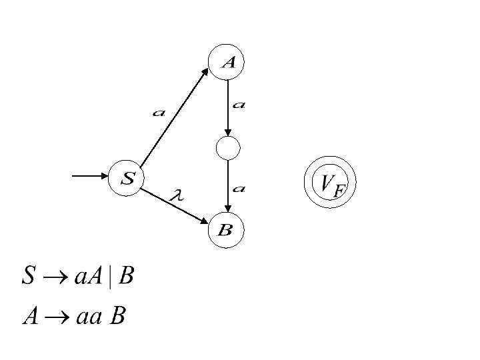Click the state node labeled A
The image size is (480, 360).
point(227,62)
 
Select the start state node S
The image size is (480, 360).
point(127,178)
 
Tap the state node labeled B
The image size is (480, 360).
point(226,231)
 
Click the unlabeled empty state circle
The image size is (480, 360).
point(227,148)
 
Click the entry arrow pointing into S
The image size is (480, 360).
point(89,176)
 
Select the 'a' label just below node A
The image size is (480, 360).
point(239,105)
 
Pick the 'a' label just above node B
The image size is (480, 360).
point(239,189)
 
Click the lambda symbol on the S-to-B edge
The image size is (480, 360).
point(177,195)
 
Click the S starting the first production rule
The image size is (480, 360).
point(27,276)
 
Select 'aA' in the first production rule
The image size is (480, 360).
point(86,276)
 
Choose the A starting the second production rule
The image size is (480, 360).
point(29,316)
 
